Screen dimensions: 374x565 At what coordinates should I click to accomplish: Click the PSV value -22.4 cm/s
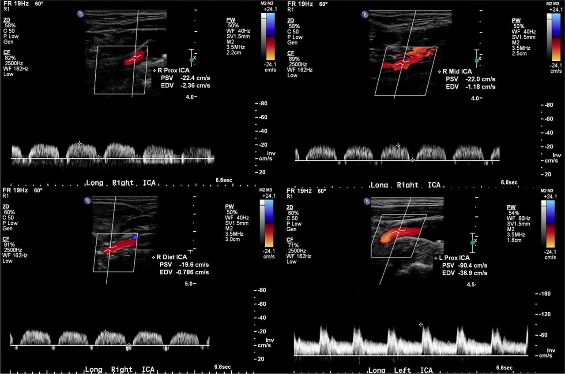[195, 78]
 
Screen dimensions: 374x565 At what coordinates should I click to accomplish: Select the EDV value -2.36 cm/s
[195, 85]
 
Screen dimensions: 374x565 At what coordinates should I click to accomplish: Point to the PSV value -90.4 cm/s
[472, 266]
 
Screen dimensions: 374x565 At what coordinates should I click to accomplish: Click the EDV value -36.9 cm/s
[472, 273]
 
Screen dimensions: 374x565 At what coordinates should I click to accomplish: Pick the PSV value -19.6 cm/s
[190, 265]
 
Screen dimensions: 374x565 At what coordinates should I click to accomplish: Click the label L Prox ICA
[454, 258]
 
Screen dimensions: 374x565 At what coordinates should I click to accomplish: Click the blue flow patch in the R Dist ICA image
[133, 237]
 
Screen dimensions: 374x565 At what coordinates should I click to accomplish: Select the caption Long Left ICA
[401, 370]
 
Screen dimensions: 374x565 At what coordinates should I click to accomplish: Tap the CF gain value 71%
[293, 245]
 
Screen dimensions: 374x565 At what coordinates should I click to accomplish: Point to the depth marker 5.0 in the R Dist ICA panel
[187, 284]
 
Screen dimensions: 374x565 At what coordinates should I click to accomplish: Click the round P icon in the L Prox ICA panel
[366, 201]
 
